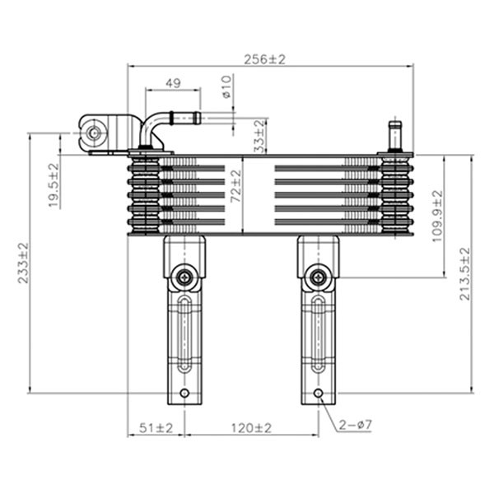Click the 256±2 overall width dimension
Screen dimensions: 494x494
(264, 59)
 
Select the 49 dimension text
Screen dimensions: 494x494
(173, 83)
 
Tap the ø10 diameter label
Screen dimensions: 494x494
(226, 86)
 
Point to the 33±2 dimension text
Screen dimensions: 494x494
(259, 136)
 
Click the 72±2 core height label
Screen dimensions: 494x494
(235, 186)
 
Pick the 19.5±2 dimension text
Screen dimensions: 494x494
(54, 185)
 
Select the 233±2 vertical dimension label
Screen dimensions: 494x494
(23, 263)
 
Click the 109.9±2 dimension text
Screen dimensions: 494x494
(437, 217)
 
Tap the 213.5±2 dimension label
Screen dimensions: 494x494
(464, 274)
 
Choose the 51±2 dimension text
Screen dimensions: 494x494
(156, 428)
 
